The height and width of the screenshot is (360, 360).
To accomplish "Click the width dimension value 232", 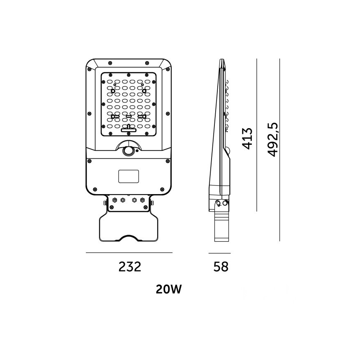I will (130, 267).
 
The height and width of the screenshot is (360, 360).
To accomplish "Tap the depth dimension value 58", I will (221, 267).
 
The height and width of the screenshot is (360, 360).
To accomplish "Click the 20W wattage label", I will (169, 289).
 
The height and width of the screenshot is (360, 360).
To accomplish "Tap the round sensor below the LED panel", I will (129, 151).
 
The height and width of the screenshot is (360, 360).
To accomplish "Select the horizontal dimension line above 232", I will (129, 253).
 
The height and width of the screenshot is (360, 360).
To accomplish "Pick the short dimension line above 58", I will (219, 253).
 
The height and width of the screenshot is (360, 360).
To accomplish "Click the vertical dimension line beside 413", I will (257, 135).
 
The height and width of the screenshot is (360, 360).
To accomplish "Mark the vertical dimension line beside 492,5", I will (280, 149).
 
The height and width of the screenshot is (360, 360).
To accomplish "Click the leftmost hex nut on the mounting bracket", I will (113, 201).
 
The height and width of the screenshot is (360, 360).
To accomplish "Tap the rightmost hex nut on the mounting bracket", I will (144, 201).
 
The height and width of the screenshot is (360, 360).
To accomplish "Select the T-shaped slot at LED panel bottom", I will (129, 129).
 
